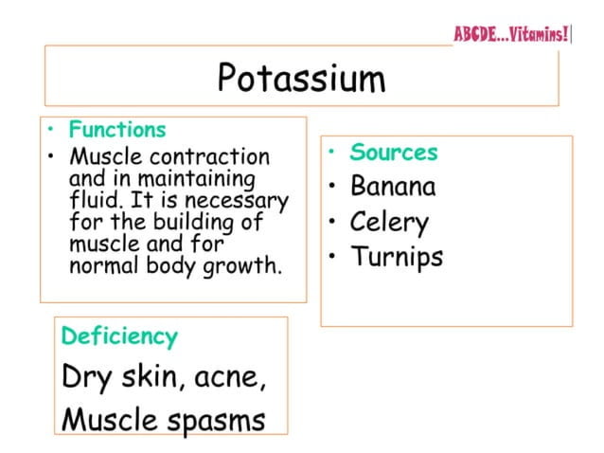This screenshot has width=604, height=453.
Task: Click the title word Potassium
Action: [x=301, y=78]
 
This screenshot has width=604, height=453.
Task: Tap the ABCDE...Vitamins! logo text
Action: [x=512, y=35]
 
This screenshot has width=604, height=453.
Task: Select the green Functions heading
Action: [x=117, y=130]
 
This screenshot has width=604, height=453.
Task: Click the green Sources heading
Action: [x=394, y=153]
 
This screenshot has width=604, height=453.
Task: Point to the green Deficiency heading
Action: [x=119, y=335]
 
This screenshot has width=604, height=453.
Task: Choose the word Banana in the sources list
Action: [x=393, y=186]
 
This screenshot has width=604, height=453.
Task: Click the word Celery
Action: [x=389, y=223]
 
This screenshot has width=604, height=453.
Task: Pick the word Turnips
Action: [x=397, y=256]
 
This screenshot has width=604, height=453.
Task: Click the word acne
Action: [x=230, y=377]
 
